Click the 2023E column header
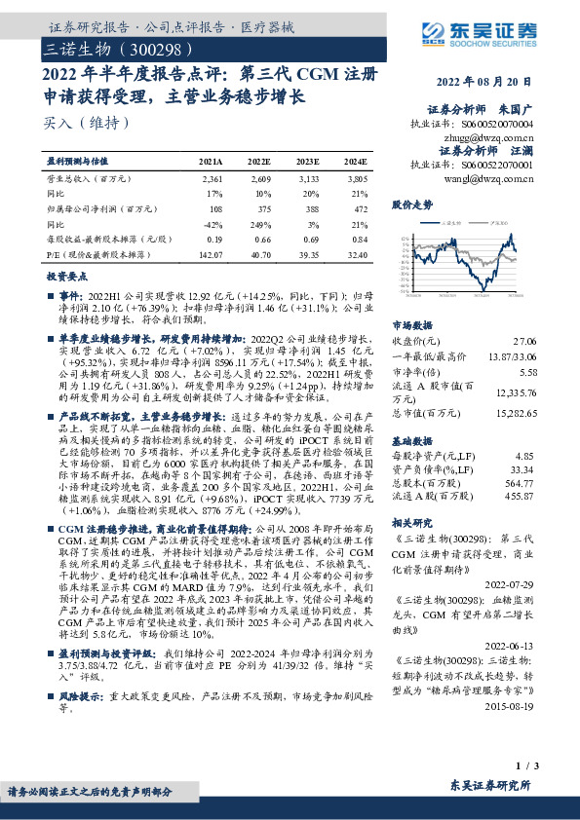pos(307,162)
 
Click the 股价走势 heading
pos(411,206)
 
